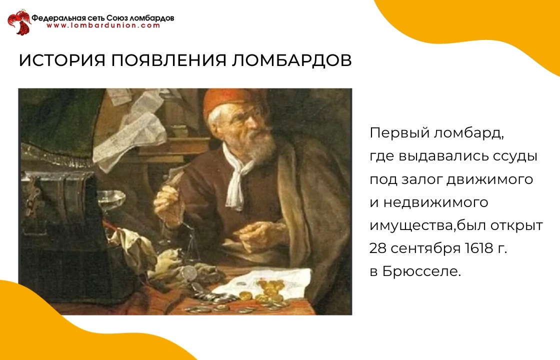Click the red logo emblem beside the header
click(x=19, y=22)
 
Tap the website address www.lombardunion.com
click(x=103, y=25)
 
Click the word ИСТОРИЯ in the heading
click(x=62, y=60)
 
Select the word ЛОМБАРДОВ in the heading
click(x=292, y=60)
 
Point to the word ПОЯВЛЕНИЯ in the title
click(x=168, y=60)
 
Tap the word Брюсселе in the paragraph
click(x=421, y=271)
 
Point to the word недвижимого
click(x=435, y=202)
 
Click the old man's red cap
click(x=228, y=99)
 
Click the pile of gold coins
click(x=268, y=291)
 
